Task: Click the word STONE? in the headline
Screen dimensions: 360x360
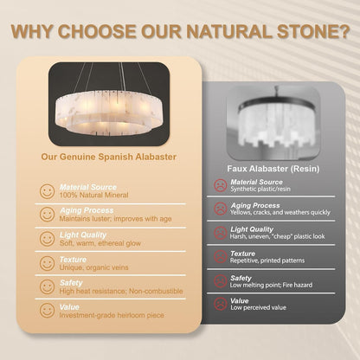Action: [x=313, y=31]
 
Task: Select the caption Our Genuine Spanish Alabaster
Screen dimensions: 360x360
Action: [x=109, y=157]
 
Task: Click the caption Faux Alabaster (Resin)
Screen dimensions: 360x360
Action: [x=273, y=169]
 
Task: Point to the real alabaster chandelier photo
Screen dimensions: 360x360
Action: [x=109, y=104]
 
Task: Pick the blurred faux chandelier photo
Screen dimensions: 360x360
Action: [x=273, y=122]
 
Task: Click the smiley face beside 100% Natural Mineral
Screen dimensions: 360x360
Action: [x=47, y=191]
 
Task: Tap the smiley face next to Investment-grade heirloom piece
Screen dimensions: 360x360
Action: [x=47, y=311]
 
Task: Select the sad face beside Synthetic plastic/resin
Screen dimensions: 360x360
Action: [x=221, y=185]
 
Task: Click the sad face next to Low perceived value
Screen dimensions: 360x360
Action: [x=221, y=304]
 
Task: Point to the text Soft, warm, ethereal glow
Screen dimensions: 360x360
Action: [x=100, y=243]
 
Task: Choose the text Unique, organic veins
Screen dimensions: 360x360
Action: [x=93, y=267]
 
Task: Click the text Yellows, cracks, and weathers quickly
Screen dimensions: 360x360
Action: [x=280, y=213]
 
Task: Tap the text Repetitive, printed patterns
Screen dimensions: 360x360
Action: [x=267, y=260]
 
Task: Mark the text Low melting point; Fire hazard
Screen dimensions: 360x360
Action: [x=271, y=285]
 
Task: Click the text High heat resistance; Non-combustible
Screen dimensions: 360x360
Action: [x=121, y=292]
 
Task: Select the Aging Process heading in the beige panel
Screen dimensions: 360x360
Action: [x=87, y=210]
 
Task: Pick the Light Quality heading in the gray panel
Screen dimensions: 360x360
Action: [x=252, y=229]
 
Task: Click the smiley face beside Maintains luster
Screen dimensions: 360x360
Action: [x=47, y=215]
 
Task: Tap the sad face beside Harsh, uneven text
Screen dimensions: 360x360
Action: [x=221, y=233]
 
